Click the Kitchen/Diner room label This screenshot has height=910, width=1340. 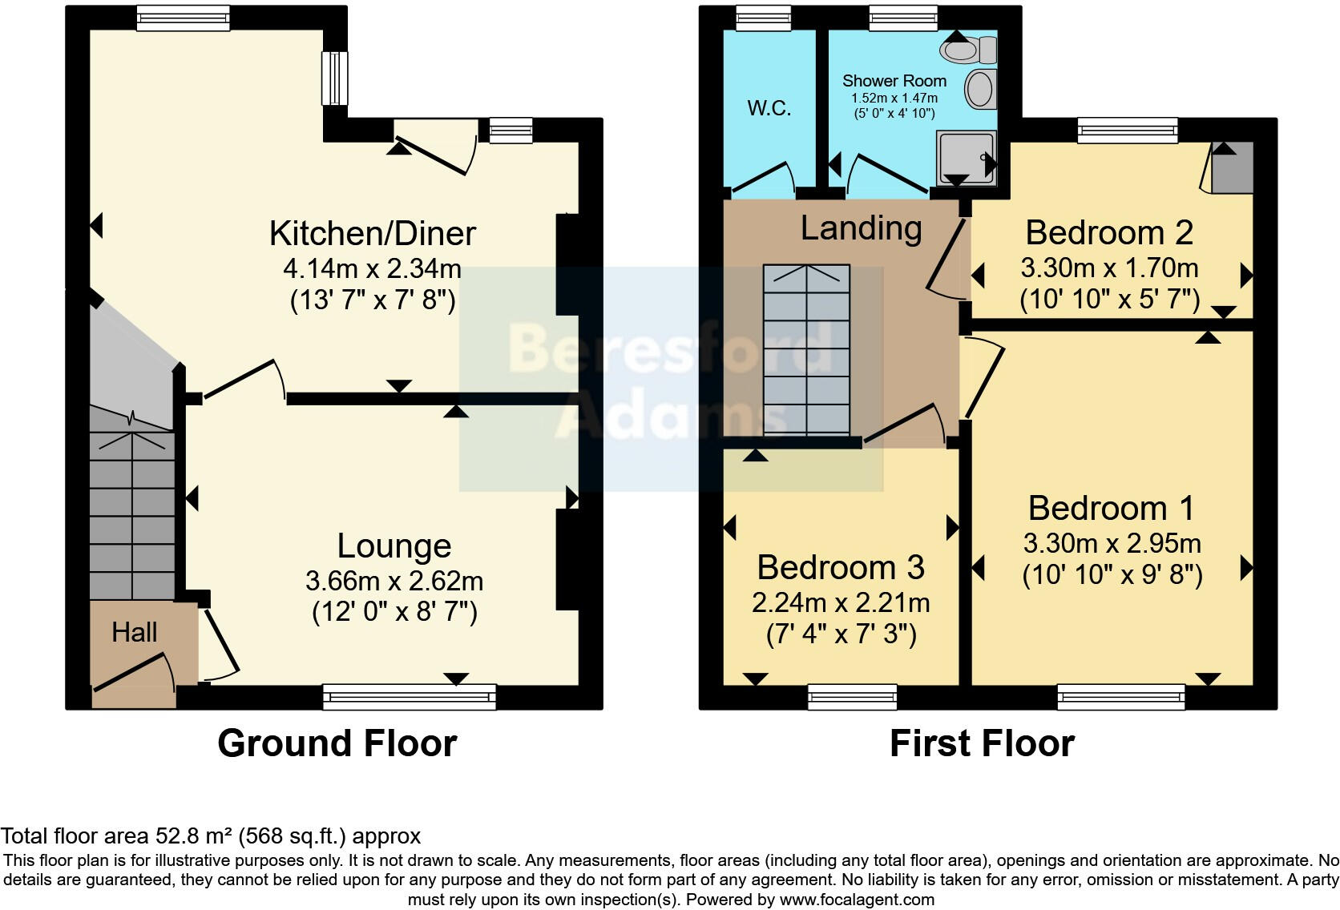point(372,233)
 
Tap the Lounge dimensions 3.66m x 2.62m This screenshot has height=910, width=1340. point(394,580)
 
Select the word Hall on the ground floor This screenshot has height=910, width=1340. point(134,632)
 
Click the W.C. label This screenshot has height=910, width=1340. point(769,108)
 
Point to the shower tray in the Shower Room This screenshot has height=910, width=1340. point(967,158)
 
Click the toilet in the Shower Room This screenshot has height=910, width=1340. point(967,50)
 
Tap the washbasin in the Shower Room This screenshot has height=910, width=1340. point(979,88)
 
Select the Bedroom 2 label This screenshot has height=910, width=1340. point(1108,232)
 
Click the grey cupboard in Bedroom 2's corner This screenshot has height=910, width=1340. point(1230,168)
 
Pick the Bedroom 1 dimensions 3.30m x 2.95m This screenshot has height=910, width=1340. point(1112,543)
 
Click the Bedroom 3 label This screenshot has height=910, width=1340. point(840,567)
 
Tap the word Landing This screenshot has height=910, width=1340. point(861,228)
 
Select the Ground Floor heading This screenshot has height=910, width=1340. point(337,743)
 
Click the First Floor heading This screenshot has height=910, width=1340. point(981,743)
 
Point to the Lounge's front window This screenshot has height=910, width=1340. point(410,697)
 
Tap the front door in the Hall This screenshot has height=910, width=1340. point(132,673)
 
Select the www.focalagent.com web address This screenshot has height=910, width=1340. point(857,900)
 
